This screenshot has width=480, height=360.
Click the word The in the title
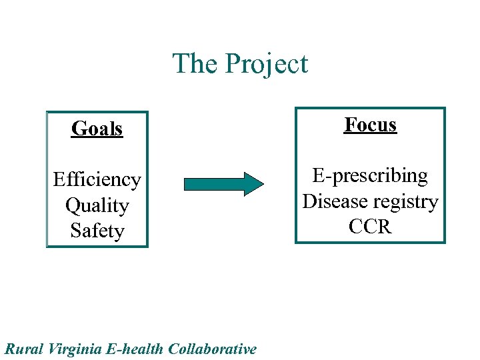pyautogui.click(x=195, y=64)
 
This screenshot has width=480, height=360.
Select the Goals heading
pyautogui.click(x=97, y=129)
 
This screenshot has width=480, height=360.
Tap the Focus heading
pyautogui.click(x=371, y=125)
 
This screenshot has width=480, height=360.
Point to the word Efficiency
pyautogui.click(x=97, y=180)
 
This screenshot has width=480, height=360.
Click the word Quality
pyautogui.click(x=97, y=205)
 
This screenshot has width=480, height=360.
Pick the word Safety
pyautogui.click(x=97, y=231)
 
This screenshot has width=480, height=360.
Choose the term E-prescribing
pyautogui.click(x=371, y=175)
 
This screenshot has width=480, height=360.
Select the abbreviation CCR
pyautogui.click(x=371, y=227)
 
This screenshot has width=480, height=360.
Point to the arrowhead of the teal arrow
pyautogui.click(x=254, y=183)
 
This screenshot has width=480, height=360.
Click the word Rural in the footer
pyautogui.click(x=23, y=349)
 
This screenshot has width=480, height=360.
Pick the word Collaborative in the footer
pyautogui.click(x=213, y=349)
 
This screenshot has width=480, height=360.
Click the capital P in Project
pyautogui.click(x=233, y=64)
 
